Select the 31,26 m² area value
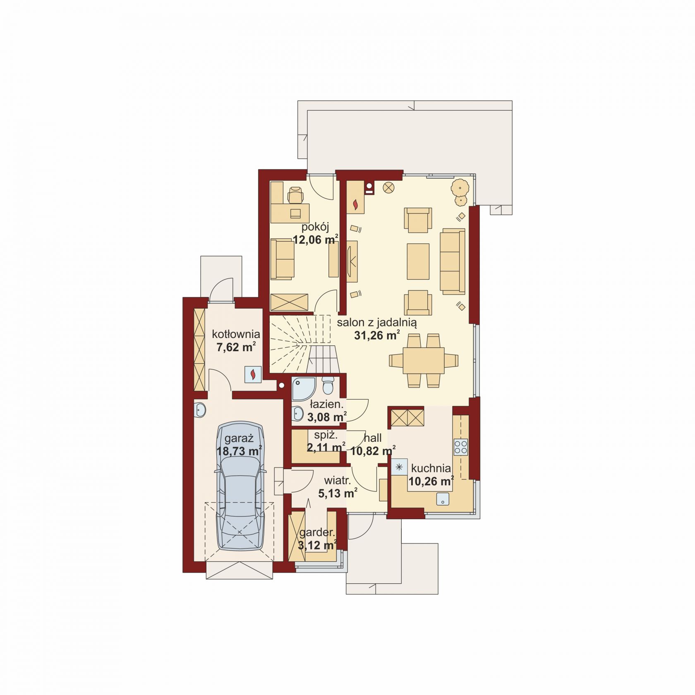(377, 336)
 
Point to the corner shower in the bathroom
(303, 388)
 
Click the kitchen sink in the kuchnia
(443, 499)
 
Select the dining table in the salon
(424, 360)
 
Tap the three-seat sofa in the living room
(453, 261)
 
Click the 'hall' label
(373, 438)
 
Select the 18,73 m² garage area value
(239, 451)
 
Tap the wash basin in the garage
(199, 410)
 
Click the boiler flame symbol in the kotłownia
(252, 374)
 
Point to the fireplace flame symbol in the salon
(355, 204)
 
